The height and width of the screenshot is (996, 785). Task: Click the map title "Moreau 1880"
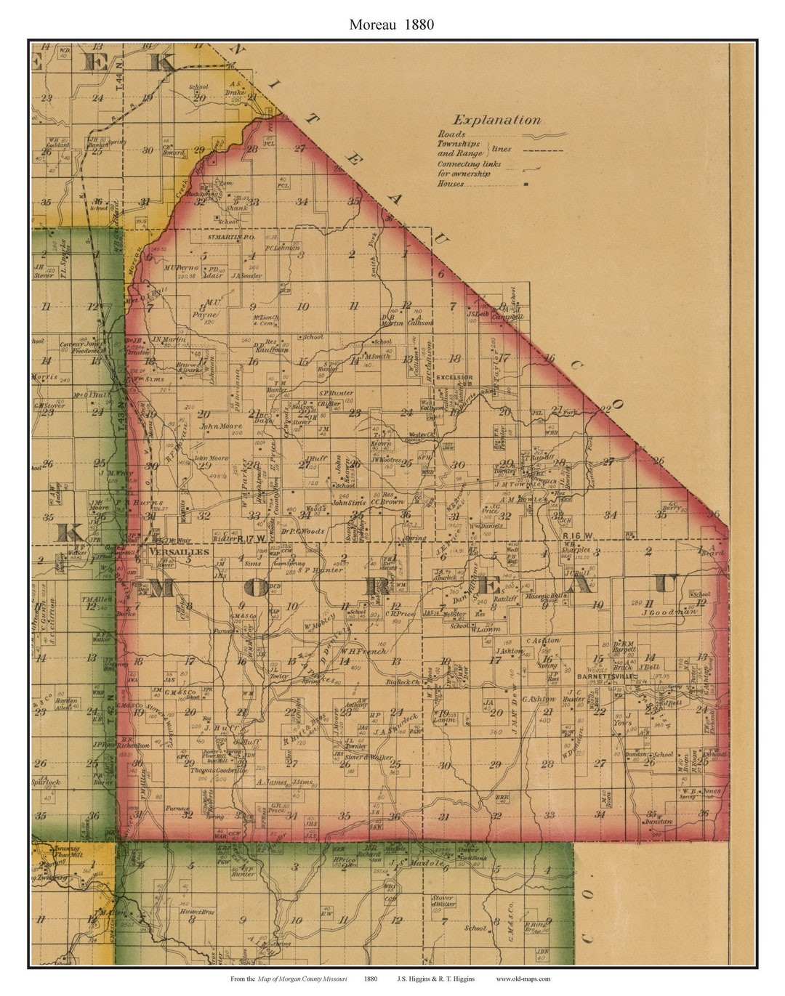[x=391, y=24]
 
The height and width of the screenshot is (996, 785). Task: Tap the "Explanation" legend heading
[x=496, y=121]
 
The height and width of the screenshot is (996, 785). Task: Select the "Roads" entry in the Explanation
[x=451, y=135]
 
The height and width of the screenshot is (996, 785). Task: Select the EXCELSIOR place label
[x=454, y=378]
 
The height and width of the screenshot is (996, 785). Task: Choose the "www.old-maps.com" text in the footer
[x=523, y=979]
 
